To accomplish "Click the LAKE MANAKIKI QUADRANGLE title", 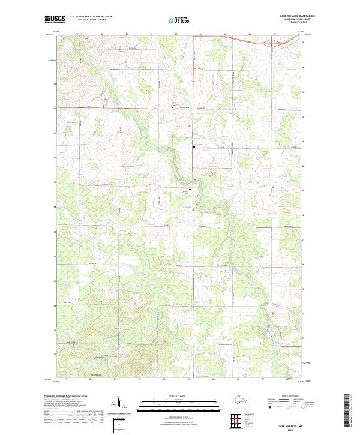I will [298, 16].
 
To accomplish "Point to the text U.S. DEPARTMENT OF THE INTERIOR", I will [91, 17].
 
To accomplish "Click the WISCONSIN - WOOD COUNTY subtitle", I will [298, 19].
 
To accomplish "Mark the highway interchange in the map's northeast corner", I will [264, 43].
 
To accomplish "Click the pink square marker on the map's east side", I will [273, 188].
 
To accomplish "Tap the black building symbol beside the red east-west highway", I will [169, 109].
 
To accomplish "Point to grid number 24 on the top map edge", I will [200, 34].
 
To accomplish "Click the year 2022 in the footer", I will [298, 430].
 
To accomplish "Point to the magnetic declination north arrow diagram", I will [119, 406].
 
